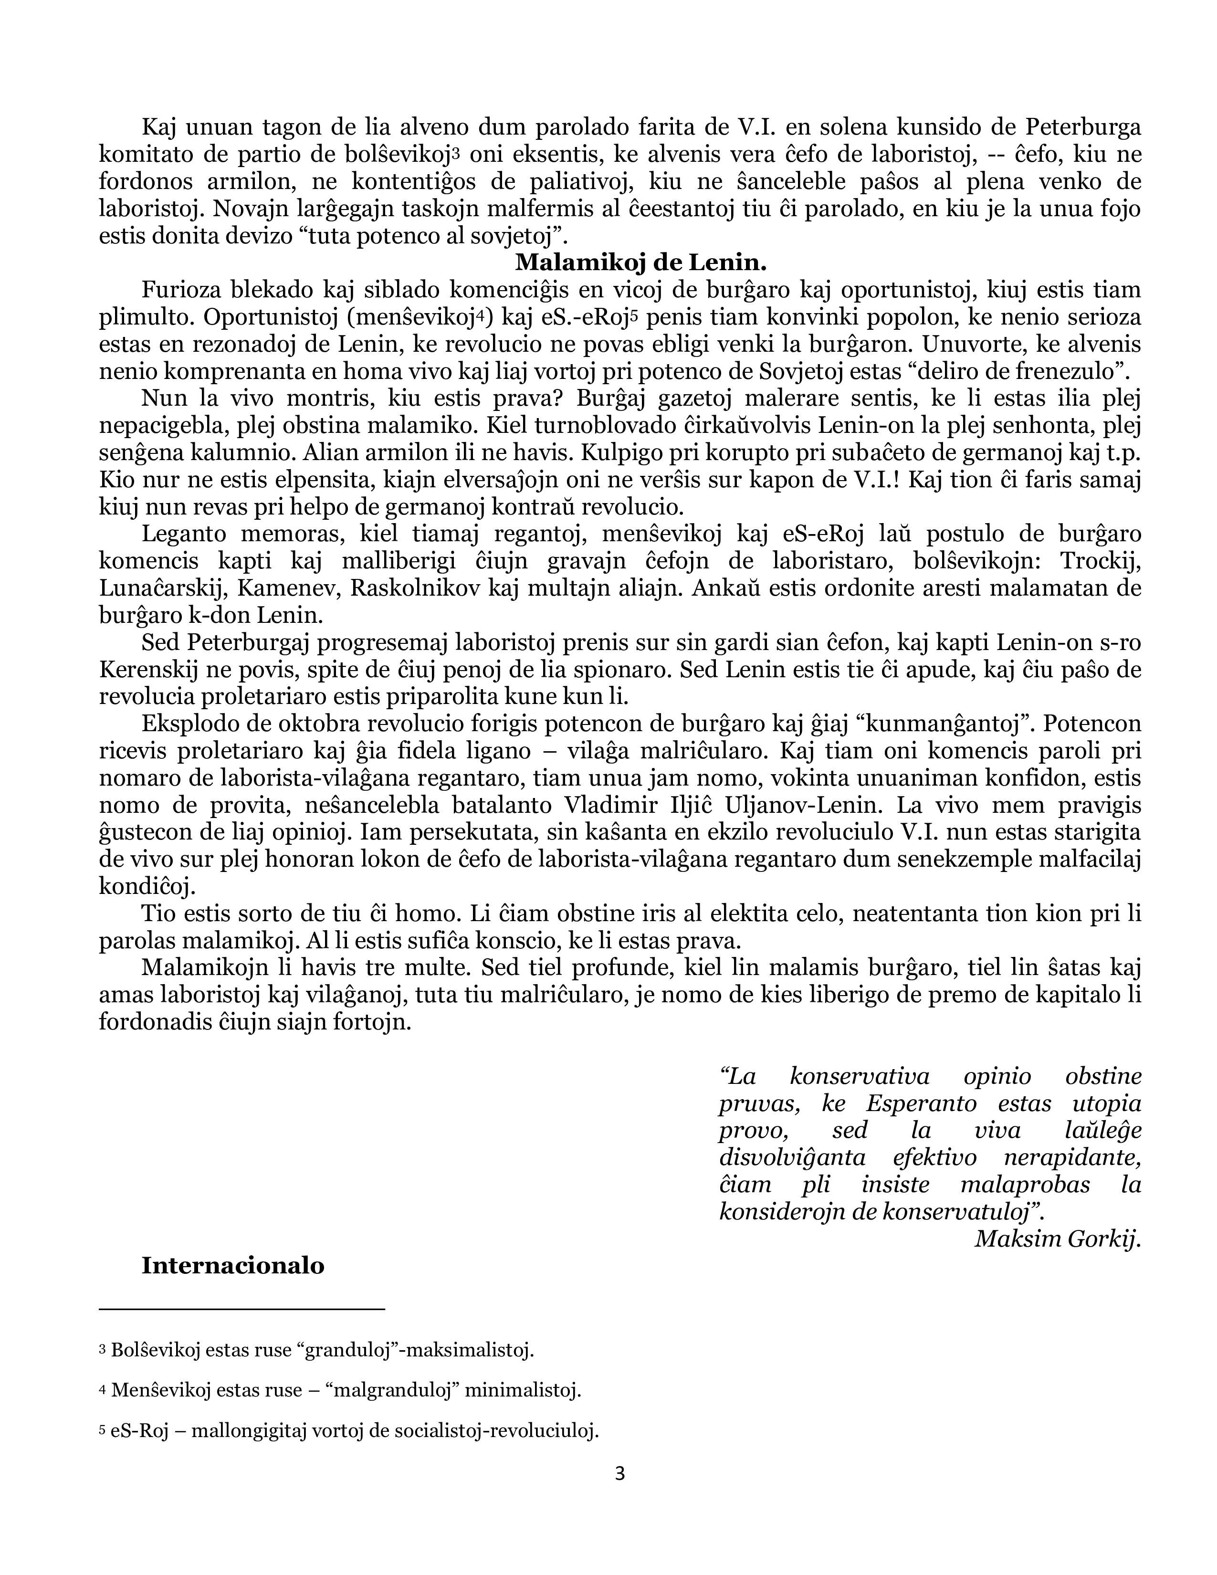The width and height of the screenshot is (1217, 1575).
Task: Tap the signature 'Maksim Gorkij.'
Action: [1058, 1239]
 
